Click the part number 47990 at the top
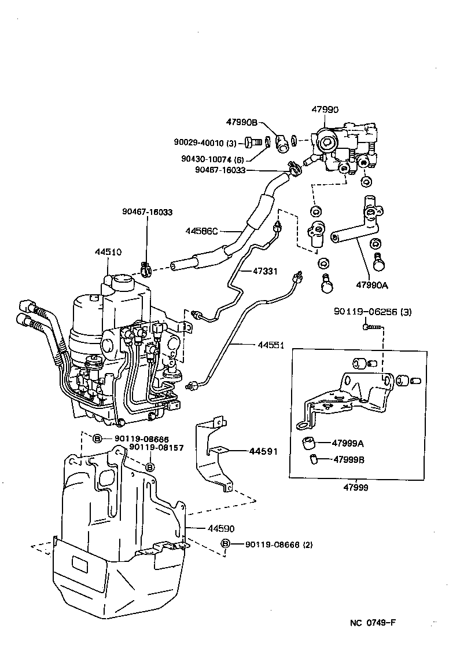tap(325, 109)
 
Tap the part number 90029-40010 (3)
tap(205, 142)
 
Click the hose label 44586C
tap(202, 231)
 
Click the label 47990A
tap(372, 284)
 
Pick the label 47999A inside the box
tap(348, 443)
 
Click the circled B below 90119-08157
tap(149, 466)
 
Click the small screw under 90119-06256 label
tap(371, 327)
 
